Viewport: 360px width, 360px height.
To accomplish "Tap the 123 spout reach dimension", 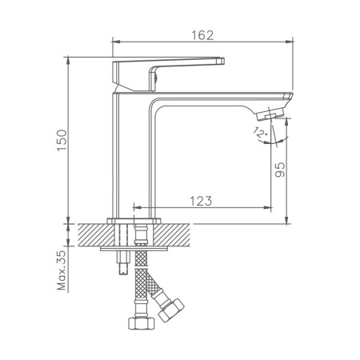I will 202,201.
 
